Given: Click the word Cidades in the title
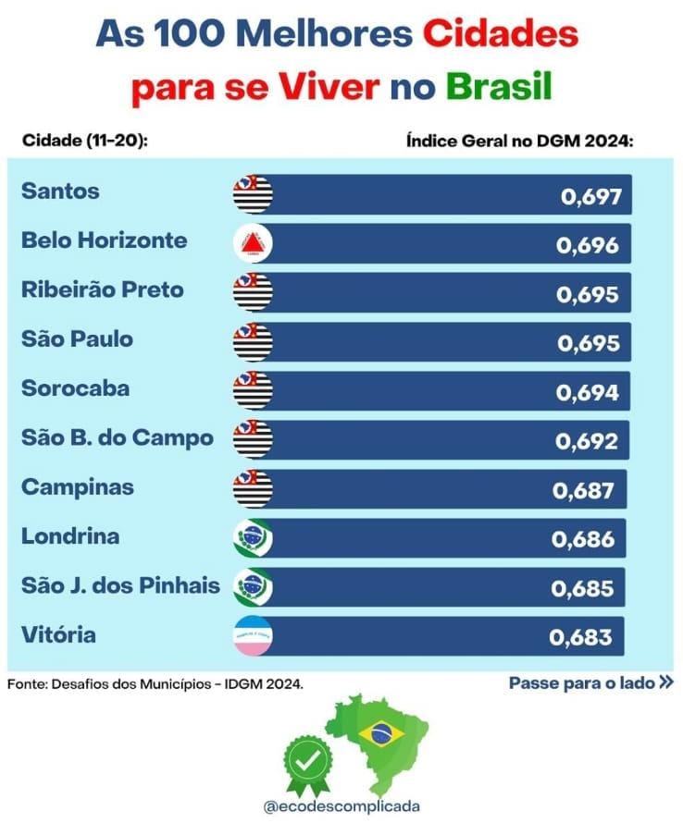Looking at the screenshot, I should coord(501,35).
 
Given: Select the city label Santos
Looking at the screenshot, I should coord(60,192).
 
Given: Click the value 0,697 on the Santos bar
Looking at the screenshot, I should coord(590,196).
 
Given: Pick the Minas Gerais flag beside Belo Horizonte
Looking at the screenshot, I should coord(254,243).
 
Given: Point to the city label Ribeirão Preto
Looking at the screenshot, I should coord(102,290).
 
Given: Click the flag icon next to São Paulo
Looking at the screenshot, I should coord(254,341).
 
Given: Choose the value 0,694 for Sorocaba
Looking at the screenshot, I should coord(587,392).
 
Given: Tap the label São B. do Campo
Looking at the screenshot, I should coord(117,437).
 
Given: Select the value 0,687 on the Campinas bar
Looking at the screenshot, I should coord(584,490).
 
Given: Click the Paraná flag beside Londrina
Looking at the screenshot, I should coord(254,538).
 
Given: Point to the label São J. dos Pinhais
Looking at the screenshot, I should coord(120,585).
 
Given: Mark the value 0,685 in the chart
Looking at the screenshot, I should coord(582,588).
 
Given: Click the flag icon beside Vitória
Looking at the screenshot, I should coord(254,636).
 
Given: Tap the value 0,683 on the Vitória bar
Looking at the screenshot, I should coord(580,637).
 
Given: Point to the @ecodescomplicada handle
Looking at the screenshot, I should coord(341,805).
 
